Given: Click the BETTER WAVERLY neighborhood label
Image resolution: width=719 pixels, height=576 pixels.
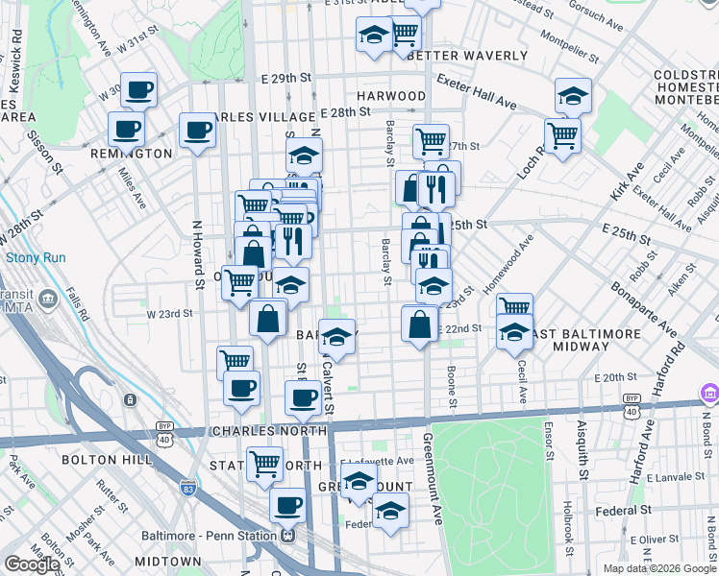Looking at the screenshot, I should click(x=467, y=56).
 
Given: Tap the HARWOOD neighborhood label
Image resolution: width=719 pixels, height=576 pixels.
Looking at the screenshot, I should click(x=391, y=96).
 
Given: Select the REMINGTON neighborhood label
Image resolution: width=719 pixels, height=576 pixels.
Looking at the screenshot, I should click(x=131, y=154).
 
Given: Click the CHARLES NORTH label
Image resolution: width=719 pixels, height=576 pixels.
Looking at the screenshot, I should click(x=266, y=432).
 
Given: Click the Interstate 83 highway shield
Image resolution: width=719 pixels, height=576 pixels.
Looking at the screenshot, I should click(x=186, y=489).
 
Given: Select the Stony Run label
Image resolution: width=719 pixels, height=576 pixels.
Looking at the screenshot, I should click(x=36, y=257).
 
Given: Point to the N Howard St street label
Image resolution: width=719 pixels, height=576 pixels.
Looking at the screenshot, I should click(x=200, y=262).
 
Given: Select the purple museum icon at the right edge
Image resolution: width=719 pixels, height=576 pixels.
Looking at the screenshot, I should click(x=709, y=394).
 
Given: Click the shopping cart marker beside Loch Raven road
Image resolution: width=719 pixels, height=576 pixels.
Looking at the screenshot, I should click(x=563, y=133).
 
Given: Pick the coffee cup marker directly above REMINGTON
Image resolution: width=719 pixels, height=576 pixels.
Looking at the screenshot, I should click(x=126, y=128).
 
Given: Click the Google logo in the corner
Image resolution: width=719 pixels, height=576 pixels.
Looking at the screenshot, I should click(x=32, y=564).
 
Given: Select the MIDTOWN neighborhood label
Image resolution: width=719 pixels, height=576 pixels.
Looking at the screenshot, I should click(x=167, y=561).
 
